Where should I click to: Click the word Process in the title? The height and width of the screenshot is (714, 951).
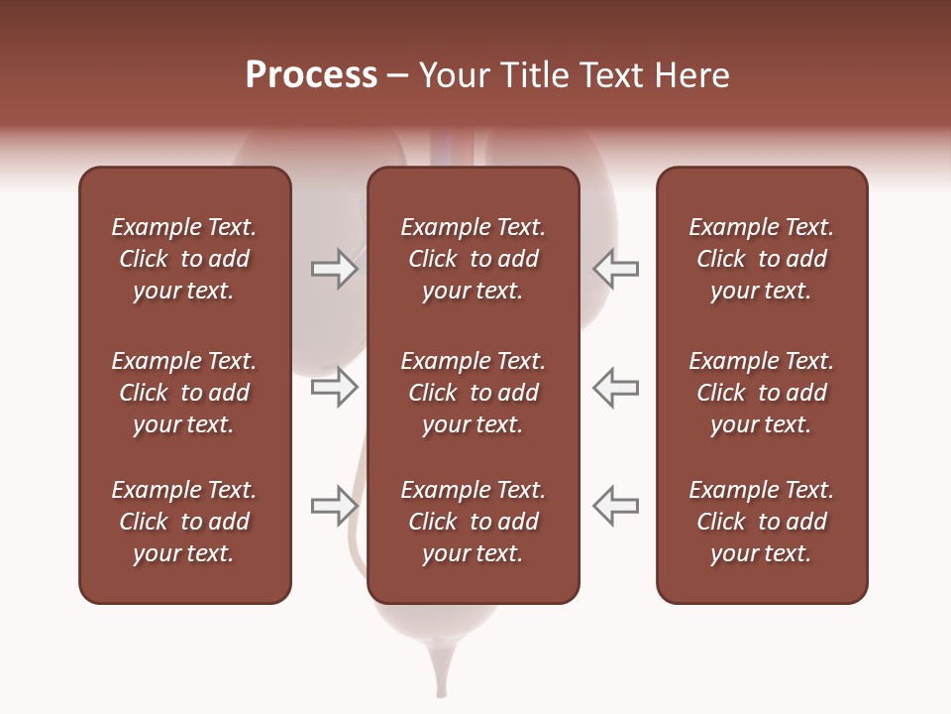click(311, 75)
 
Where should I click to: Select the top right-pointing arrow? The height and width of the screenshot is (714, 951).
click(334, 269)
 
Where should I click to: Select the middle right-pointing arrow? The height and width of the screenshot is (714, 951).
click(334, 388)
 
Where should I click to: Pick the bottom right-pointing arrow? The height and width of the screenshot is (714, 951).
click(334, 506)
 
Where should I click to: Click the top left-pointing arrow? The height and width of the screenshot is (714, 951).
click(616, 269)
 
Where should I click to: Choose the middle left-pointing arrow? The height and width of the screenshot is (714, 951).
click(616, 388)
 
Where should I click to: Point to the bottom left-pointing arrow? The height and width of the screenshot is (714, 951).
click(616, 506)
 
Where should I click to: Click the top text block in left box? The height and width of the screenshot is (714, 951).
click(184, 259)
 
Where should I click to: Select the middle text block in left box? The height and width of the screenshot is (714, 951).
click(184, 393)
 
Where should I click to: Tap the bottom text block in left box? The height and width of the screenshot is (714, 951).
click(184, 522)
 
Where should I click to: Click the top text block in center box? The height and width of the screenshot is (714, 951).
click(473, 259)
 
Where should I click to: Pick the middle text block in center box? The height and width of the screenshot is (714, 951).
click(473, 393)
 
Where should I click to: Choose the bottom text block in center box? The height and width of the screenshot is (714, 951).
click(473, 522)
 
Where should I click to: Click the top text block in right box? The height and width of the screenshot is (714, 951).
click(761, 259)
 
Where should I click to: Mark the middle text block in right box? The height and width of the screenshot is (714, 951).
click(761, 393)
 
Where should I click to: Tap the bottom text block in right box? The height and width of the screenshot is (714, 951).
click(761, 522)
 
